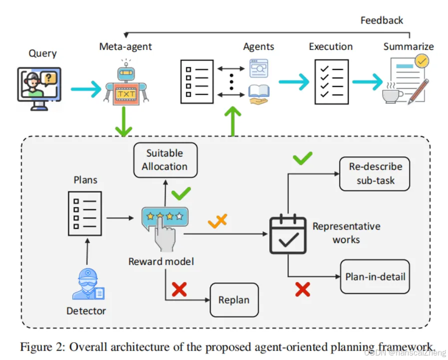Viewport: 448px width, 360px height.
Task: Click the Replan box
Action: [234, 300]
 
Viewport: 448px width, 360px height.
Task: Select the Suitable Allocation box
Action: [165, 160]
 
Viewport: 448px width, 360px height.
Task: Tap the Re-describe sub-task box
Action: [375, 173]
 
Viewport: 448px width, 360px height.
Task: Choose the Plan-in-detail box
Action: [375, 276]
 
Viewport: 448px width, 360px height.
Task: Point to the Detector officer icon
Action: [88, 284]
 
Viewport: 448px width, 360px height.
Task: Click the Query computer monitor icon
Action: [39, 89]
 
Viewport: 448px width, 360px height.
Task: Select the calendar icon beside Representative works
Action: [288, 234]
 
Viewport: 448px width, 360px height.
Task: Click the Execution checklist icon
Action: [332, 82]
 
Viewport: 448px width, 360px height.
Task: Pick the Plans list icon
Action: [85, 213]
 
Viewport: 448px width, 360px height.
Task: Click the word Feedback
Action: [382, 20]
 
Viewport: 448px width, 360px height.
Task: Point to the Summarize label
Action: [409, 46]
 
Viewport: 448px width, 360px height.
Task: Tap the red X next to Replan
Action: [179, 289]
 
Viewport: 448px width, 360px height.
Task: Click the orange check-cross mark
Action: [218, 220]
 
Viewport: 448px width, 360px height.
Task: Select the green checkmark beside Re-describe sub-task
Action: [303, 158]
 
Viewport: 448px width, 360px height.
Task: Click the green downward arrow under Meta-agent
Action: [124, 121]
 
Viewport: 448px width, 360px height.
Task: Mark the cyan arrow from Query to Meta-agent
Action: [86, 89]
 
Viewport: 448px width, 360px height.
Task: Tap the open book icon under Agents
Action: [259, 94]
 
